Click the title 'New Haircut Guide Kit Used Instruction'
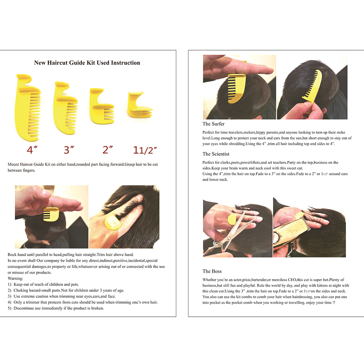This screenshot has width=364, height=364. click(x=87, y=63)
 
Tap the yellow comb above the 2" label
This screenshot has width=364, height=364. click(x=102, y=106)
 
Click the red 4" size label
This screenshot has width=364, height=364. click(x=32, y=150)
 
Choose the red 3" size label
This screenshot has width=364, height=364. click(x=69, y=150)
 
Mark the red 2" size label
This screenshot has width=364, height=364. click(x=108, y=150)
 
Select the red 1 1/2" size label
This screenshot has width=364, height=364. click(x=145, y=150)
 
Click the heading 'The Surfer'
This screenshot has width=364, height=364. click(x=213, y=124)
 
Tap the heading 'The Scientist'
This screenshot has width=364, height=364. click(x=216, y=154)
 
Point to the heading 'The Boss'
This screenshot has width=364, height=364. click(x=212, y=271)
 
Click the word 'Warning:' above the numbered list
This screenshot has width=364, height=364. click(x=15, y=278)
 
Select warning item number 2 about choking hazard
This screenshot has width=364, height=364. click(x=66, y=290)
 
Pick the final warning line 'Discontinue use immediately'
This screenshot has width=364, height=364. click(x=56, y=308)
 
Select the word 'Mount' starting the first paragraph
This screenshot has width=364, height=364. click(x=13, y=164)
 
